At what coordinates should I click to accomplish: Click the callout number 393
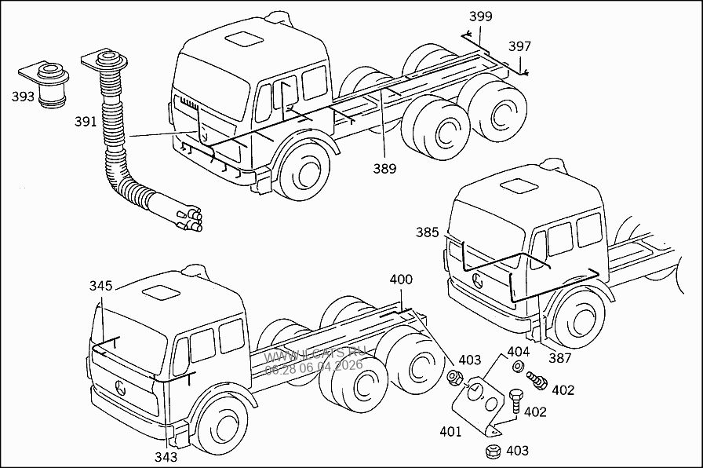click(x=24, y=97)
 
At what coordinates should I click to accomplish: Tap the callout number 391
click(x=86, y=122)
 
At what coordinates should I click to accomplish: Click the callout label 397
click(x=519, y=46)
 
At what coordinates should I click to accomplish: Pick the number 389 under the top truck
click(x=384, y=168)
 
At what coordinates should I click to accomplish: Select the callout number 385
click(x=428, y=232)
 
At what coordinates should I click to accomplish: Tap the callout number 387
click(x=559, y=358)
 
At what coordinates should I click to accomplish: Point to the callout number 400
click(x=401, y=280)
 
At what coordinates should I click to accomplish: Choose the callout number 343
click(x=166, y=456)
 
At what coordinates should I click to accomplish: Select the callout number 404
click(x=519, y=352)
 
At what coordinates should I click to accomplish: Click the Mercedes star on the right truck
click(x=477, y=281)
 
